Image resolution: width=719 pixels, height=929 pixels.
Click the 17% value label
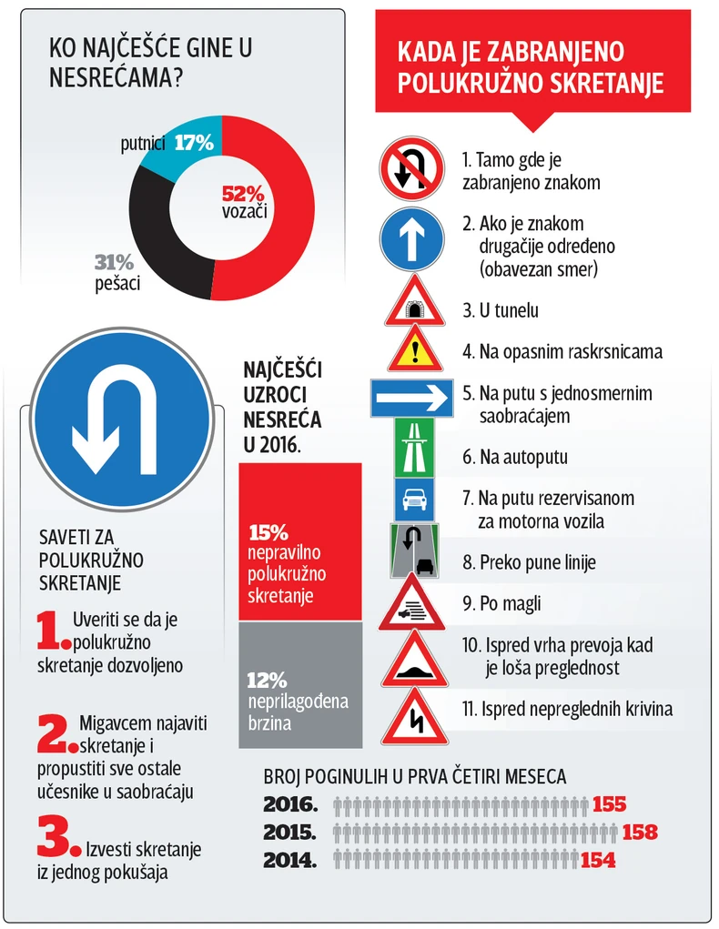[193, 143]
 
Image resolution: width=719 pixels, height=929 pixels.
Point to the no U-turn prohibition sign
[411, 169]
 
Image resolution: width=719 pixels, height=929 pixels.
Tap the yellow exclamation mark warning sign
[415, 349]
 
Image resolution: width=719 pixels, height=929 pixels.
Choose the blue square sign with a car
[415, 498]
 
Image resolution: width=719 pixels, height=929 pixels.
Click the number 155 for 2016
[609, 804]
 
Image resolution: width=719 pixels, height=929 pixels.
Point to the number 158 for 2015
[640, 832]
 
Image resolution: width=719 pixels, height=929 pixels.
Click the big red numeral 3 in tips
[54, 836]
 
